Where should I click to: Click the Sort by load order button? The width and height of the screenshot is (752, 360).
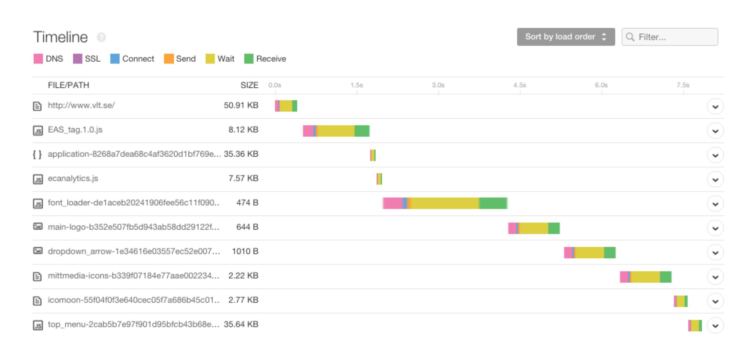(565, 37)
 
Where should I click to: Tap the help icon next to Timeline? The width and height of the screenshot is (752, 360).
(101, 37)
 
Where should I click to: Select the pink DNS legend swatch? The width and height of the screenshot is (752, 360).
(38, 59)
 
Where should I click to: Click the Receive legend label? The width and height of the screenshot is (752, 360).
(271, 59)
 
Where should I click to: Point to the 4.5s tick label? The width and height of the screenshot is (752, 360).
(520, 85)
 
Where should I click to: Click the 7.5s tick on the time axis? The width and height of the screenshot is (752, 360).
(683, 85)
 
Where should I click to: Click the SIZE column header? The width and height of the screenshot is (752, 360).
(249, 85)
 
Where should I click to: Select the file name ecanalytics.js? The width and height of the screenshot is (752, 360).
(73, 178)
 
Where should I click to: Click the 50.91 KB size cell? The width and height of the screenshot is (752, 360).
(241, 105)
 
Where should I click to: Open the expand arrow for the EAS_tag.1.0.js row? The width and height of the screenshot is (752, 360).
(715, 131)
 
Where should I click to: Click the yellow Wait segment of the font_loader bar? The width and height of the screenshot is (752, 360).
(444, 203)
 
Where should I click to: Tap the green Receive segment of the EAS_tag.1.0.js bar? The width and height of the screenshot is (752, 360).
(362, 131)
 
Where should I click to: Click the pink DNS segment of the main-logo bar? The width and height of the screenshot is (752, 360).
(512, 228)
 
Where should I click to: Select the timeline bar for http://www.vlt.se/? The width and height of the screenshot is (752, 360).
(286, 106)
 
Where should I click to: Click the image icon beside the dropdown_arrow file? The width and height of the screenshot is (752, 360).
(38, 251)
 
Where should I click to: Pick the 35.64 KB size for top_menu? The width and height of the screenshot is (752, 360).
(241, 324)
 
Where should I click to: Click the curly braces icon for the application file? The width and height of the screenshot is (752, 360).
(37, 154)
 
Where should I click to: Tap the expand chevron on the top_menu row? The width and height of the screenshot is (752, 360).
(715, 326)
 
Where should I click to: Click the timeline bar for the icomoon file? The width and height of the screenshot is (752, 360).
(681, 301)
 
